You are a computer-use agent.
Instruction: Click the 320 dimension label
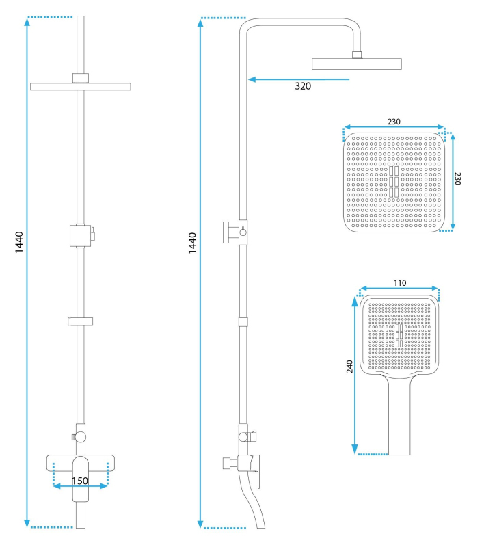(x=303, y=86)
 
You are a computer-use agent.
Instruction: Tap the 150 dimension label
(x=80, y=481)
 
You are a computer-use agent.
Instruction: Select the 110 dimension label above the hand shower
(x=400, y=283)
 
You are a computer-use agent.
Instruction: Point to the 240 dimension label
(x=350, y=366)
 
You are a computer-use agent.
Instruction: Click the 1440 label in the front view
(x=19, y=242)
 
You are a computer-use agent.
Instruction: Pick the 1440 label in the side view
(x=192, y=243)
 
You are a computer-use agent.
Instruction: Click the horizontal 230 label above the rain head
(x=394, y=122)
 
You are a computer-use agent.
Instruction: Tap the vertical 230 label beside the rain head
(x=457, y=178)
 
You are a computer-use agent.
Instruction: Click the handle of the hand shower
(x=399, y=415)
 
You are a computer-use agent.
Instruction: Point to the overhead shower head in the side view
(x=357, y=64)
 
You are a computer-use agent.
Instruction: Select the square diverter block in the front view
(x=80, y=236)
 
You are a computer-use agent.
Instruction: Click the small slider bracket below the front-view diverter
(x=80, y=321)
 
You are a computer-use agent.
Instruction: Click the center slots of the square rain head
(x=394, y=181)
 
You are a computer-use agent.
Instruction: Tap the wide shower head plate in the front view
(x=81, y=87)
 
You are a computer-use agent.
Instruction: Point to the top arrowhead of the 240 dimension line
(x=355, y=301)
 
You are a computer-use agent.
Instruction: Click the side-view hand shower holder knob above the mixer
(x=243, y=436)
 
